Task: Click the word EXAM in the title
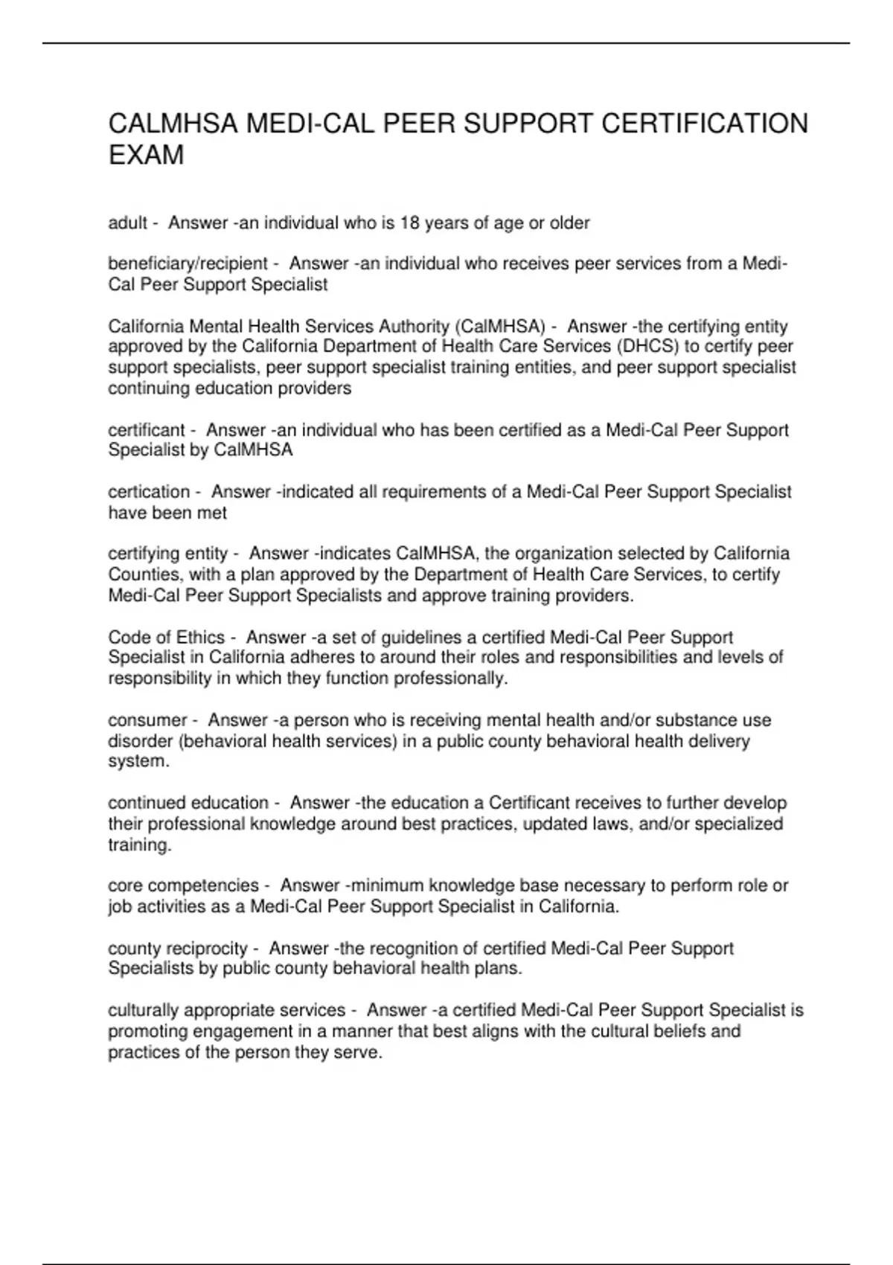coord(146,156)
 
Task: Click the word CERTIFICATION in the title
coord(704,124)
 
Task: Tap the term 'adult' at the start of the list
coord(127,222)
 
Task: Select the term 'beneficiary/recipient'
coord(188,263)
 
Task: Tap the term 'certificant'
coord(146,430)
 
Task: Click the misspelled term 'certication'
coord(149,492)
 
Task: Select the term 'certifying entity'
coord(167,554)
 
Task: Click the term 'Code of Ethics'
coord(166,638)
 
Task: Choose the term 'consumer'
coord(147,720)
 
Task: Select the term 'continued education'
coord(188,803)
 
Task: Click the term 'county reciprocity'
coord(177,949)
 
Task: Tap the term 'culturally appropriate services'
coord(226,1011)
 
